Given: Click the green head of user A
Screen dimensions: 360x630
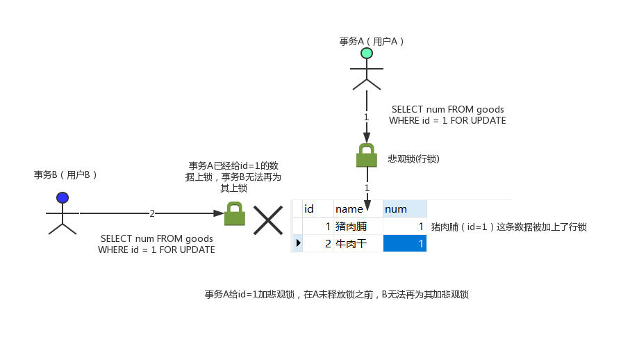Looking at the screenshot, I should tap(367, 54).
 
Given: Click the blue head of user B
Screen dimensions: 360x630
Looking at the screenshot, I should tap(63, 198).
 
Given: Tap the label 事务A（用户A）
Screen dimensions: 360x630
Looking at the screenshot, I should tap(372, 41).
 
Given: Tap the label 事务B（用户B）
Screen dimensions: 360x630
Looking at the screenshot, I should tap(66, 174).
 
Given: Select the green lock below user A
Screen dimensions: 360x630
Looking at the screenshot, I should tap(367, 156).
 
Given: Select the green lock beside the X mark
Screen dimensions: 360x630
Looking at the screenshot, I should tap(235, 214).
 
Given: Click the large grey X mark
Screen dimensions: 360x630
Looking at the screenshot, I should tap(267, 220).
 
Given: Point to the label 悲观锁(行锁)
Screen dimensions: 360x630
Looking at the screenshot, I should tap(414, 159).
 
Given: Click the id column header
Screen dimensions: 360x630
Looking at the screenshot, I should tap(310, 208).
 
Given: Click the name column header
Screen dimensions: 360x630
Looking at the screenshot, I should tap(349, 208).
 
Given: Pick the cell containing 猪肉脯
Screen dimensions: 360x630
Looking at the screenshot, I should tap(351, 227).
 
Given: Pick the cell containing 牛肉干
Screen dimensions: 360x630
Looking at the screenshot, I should tap(351, 243).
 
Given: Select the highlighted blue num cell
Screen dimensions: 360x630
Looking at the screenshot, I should tap(405, 243).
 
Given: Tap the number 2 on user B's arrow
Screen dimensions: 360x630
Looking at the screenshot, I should tap(152, 214).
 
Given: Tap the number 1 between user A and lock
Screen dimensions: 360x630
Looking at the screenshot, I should tap(367, 117).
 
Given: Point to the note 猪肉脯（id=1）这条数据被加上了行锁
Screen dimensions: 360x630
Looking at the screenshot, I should tap(508, 227).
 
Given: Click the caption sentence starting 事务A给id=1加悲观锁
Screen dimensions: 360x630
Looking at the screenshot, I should tap(336, 295).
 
